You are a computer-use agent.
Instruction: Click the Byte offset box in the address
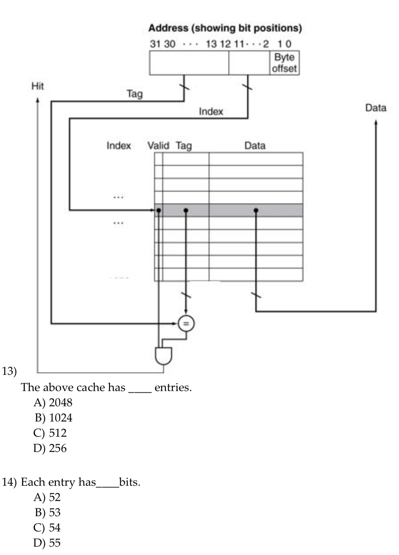(284, 63)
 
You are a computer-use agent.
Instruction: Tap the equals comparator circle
(186, 323)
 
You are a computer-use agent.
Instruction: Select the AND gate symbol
(163, 355)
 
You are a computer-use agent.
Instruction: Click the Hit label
(38, 86)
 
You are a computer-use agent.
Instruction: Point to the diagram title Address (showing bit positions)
(225, 28)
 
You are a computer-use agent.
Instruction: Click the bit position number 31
(155, 44)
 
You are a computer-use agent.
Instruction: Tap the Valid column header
(158, 146)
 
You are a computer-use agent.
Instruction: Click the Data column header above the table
(255, 146)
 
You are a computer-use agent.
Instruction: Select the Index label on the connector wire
(211, 111)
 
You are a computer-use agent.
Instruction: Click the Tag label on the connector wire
(135, 94)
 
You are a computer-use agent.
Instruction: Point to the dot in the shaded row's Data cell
(256, 210)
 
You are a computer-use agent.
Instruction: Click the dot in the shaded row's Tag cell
(185, 210)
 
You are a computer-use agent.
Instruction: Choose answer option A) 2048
(53, 402)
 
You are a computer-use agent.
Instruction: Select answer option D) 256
(50, 448)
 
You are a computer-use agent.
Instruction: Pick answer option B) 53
(48, 512)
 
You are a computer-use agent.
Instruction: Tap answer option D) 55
(47, 543)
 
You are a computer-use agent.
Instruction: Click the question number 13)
(9, 371)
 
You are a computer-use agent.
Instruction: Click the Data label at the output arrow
(375, 108)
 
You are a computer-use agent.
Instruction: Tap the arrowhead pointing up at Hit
(38, 100)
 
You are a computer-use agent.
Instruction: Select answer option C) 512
(50, 433)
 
